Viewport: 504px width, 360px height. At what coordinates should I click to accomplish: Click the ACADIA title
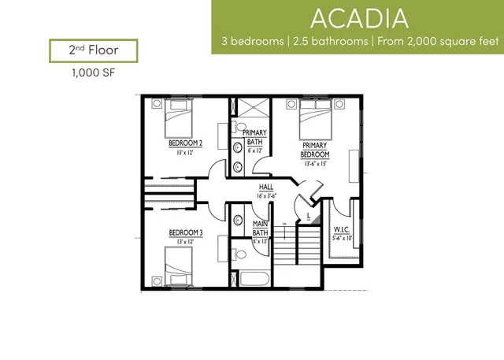(x=358, y=17)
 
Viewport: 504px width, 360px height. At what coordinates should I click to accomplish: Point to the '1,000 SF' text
(x=92, y=76)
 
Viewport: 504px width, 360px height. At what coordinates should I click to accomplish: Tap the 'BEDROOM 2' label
(x=186, y=143)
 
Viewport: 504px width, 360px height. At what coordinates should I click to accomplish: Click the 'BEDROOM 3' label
(x=186, y=233)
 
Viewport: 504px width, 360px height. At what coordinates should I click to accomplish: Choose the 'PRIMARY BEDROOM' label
(x=314, y=150)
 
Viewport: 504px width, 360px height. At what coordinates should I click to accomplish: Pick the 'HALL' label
(x=266, y=187)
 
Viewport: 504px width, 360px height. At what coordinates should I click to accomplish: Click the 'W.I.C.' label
(x=341, y=229)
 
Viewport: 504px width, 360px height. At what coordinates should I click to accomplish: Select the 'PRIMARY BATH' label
(x=254, y=137)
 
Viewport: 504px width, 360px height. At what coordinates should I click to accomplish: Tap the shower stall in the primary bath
(x=251, y=108)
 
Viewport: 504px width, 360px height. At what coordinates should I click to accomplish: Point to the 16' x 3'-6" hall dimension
(x=266, y=196)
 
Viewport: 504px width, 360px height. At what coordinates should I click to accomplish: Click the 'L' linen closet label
(x=308, y=213)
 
